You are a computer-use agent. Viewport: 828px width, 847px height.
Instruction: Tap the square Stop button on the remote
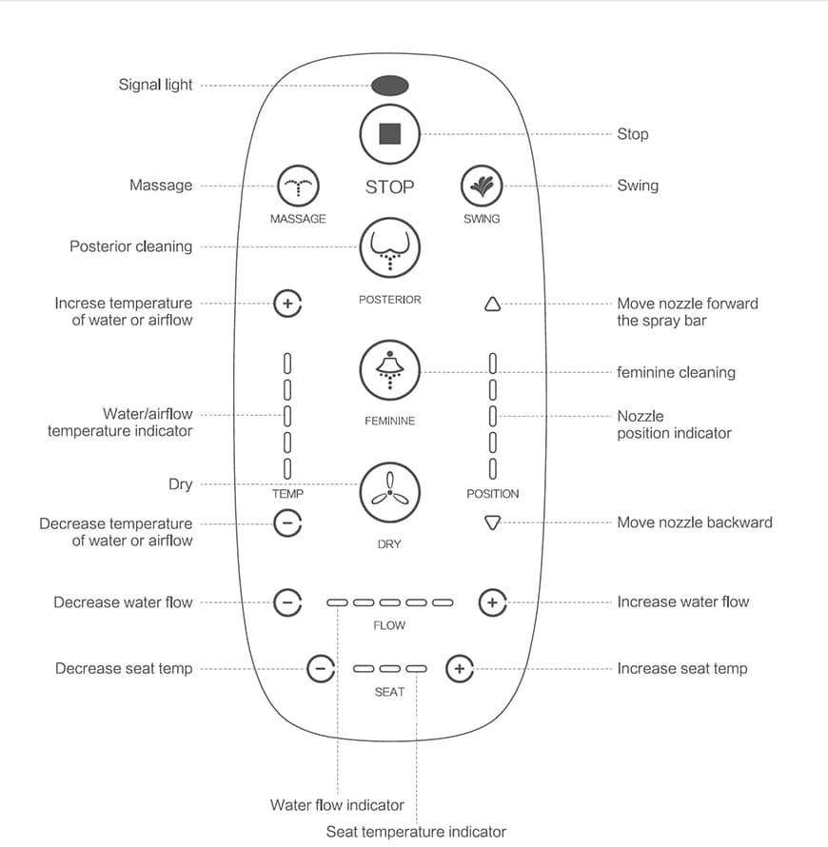coord(389,133)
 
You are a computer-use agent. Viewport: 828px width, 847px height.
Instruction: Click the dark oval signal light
coord(389,86)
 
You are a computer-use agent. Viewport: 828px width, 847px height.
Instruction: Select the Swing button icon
coord(482,186)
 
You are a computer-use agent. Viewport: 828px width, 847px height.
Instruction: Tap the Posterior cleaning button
coord(389,248)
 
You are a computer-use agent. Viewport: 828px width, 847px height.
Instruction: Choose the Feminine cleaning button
coord(389,370)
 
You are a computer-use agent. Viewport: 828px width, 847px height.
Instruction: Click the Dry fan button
coord(389,491)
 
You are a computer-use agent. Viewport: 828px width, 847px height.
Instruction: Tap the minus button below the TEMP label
coord(287,523)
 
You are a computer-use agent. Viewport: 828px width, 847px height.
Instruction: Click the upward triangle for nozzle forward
coord(492,305)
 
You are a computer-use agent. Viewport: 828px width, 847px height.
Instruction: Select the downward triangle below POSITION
coord(492,522)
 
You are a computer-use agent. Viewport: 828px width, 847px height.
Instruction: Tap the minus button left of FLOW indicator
coord(287,602)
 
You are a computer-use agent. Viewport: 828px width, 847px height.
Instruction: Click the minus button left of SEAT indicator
coord(321,669)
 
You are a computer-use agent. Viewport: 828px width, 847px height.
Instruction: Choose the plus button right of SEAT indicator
coord(460,669)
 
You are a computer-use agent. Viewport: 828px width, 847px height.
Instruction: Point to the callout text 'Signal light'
coord(155,85)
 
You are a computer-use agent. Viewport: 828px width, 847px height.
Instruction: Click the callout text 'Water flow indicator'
coord(337,805)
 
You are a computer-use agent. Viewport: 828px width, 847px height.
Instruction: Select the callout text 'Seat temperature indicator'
coord(416,832)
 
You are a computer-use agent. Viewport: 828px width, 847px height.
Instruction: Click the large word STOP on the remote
coord(389,187)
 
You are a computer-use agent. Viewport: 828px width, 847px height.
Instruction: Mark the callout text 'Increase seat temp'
coord(681,668)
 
